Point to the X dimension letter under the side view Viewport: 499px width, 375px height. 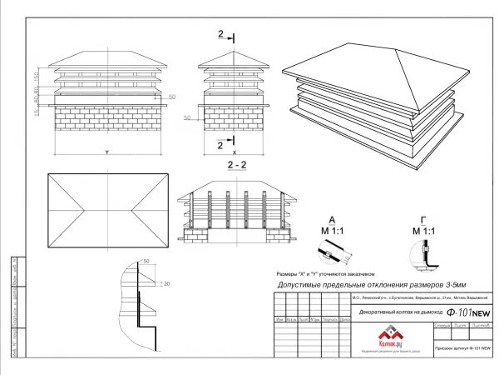click(x=234, y=152)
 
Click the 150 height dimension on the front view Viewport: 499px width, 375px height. click(x=36, y=77)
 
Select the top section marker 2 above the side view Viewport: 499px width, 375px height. click(x=221, y=34)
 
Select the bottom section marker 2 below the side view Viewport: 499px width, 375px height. click(x=220, y=144)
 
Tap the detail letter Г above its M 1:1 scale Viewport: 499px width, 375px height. click(x=425, y=220)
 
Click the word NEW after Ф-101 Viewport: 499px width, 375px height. click(x=481, y=313)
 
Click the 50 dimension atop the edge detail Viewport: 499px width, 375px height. click(x=146, y=262)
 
